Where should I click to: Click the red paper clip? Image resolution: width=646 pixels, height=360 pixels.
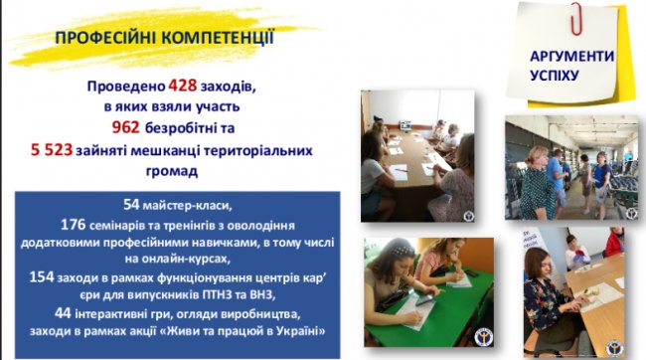[x=574, y=18]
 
